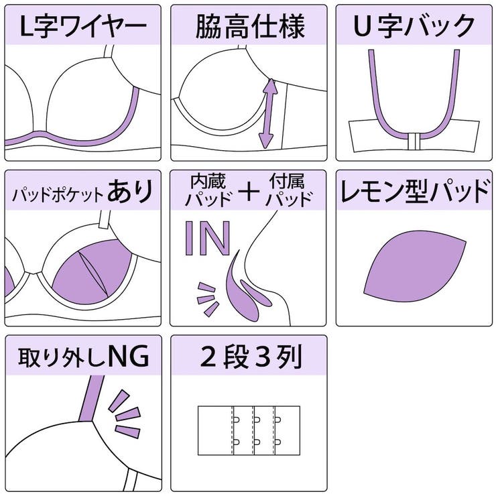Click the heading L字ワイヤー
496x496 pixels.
(x=83, y=27)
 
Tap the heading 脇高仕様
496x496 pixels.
(x=249, y=27)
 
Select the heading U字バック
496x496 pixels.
(x=415, y=27)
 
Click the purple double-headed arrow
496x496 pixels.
(x=269, y=113)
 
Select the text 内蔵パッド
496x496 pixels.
(x=208, y=190)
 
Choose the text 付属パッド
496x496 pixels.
(x=290, y=190)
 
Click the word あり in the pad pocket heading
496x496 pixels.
(x=132, y=192)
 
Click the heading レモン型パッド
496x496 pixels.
(x=415, y=192)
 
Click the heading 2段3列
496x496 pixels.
(x=249, y=357)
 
